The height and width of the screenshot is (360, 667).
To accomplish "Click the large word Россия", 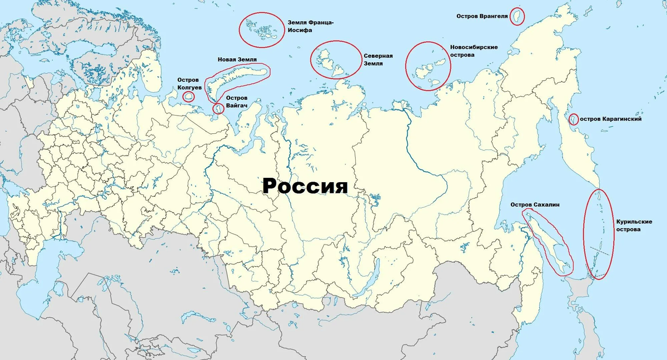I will [x=305, y=186].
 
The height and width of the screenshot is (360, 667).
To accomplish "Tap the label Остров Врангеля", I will [x=482, y=16].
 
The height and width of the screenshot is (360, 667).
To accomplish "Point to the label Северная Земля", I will [x=379, y=59].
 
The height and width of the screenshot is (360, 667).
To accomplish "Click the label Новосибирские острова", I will [x=474, y=51].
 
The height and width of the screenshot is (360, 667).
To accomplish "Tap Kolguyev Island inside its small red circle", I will [x=189, y=97].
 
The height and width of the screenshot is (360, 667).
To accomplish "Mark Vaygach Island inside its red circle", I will [x=219, y=108].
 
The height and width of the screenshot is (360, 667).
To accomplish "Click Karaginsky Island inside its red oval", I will [x=573, y=119].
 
